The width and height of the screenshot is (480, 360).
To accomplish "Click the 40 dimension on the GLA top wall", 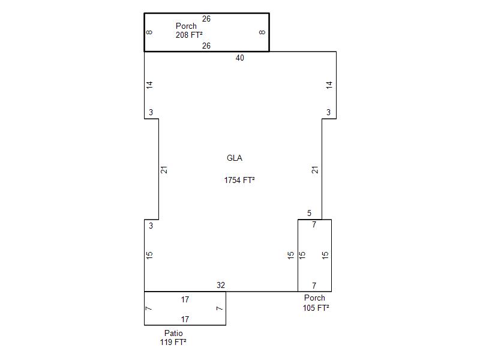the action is click(x=239, y=58).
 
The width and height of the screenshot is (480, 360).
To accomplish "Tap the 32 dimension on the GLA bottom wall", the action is click(x=221, y=286).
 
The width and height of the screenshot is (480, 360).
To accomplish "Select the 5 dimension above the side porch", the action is click(x=309, y=213).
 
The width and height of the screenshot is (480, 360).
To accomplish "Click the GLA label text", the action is click(x=235, y=158).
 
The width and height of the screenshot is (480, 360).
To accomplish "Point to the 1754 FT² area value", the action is click(x=239, y=180).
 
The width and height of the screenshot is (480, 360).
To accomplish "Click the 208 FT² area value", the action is click(x=189, y=35).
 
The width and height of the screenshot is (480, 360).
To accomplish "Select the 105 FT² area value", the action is click(x=316, y=308).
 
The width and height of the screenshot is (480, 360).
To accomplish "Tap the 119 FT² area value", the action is click(x=173, y=342).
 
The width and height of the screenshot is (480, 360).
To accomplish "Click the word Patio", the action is click(x=173, y=333).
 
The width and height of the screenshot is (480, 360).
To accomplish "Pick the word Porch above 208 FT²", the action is click(x=186, y=26).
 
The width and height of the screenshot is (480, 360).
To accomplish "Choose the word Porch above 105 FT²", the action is click(x=314, y=298).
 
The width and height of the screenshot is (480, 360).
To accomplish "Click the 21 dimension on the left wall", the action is click(x=164, y=170).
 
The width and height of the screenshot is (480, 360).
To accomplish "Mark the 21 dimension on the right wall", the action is click(x=315, y=170).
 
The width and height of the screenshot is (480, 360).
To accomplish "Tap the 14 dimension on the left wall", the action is click(x=149, y=85).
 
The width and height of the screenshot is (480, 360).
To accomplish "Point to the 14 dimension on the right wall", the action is click(x=329, y=85).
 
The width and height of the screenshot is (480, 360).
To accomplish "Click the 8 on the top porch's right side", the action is click(x=262, y=32).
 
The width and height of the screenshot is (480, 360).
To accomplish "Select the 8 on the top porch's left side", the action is click(x=149, y=32).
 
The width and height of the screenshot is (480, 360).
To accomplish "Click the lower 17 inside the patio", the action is click(x=185, y=319).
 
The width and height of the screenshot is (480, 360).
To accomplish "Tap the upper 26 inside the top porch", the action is click(x=206, y=19).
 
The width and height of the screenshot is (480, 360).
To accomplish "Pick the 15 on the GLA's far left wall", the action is click(x=149, y=255).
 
